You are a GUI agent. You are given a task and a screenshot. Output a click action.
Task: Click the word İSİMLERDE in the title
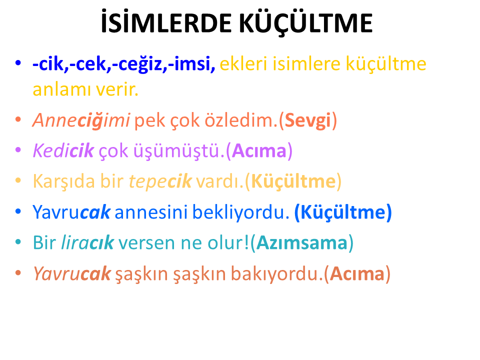pos(166,21)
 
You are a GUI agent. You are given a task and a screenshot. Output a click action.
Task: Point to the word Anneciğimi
pos(81,120)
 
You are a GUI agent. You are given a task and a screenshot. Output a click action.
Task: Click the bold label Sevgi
pos(308,120)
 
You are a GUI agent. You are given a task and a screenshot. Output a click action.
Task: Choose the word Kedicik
pos(63,150)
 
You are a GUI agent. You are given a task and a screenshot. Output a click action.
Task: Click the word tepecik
pos(160,181)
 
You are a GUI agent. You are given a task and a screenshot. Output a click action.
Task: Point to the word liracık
pos(87,242)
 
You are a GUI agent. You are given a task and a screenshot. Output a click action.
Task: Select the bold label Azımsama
pos(302,243)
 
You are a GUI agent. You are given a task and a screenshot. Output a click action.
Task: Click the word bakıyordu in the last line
pos(274,273)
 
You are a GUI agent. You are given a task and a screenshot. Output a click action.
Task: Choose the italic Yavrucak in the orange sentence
pos(71,273)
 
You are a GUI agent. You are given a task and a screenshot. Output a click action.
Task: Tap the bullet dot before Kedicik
pos(18,150)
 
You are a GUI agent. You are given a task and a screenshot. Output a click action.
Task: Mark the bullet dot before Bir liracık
pos(18,242)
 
